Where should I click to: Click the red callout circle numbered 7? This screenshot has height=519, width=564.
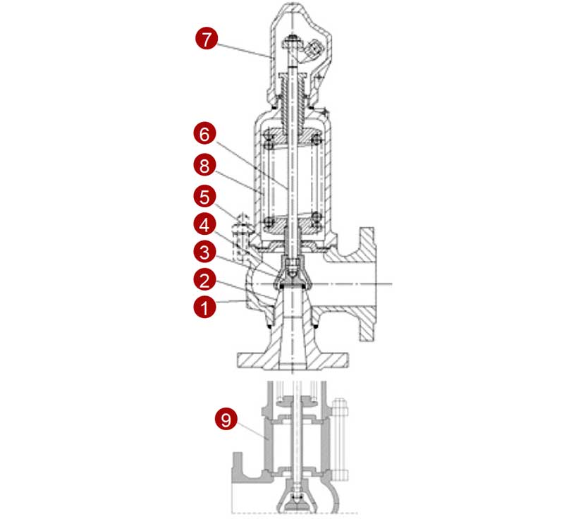click(x=207, y=39)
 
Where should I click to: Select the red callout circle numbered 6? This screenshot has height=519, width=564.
click(x=204, y=134)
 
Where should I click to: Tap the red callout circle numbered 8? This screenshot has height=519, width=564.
click(x=204, y=166)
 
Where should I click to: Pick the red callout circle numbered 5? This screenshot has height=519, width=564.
click(x=204, y=197)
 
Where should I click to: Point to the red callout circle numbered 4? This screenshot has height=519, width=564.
click(x=204, y=225)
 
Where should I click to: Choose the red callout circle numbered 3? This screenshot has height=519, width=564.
click(x=204, y=252)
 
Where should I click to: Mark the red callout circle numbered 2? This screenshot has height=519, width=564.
click(x=204, y=280)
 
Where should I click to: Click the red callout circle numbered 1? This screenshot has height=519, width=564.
click(x=204, y=307)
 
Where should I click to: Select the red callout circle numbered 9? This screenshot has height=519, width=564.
click(x=226, y=420)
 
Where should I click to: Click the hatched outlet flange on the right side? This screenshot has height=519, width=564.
click(x=367, y=284)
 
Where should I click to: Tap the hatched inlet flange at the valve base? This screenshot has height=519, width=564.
click(x=293, y=361)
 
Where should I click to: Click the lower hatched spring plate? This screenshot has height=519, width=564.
click(x=293, y=224)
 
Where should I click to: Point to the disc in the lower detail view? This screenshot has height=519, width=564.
click(x=295, y=498)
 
